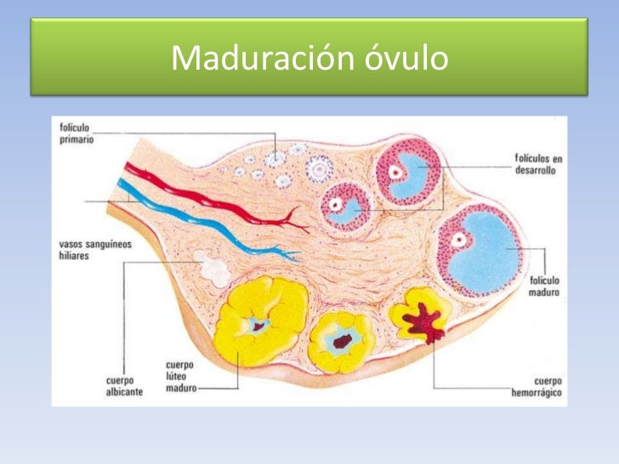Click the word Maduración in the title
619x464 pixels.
tap(263, 58)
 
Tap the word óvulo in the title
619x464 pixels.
tap(406, 57)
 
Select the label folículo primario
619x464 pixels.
tap(77, 133)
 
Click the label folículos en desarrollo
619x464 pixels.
tap(538, 165)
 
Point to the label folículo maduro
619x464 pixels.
tap(544, 286)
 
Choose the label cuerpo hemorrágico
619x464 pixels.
tap(537, 387)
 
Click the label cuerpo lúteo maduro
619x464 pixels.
tap(181, 376)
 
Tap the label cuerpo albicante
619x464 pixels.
tap(124, 387)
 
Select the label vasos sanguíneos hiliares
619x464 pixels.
tap(95, 250)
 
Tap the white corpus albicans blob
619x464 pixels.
tap(213, 269)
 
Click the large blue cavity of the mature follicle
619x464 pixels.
tap(485, 252)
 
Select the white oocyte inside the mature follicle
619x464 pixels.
tap(459, 240)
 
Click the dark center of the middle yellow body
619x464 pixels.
tap(342, 342)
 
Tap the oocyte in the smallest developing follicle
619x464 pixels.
tap(336, 204)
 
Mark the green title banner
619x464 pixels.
tap(309, 57)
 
